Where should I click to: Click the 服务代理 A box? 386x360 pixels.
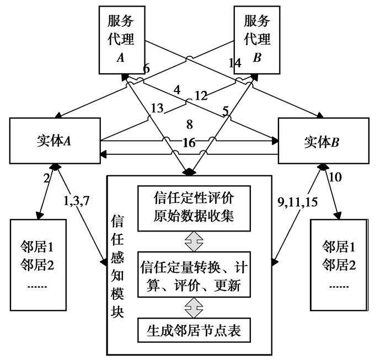[120, 40]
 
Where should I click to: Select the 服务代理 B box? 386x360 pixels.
[257, 40]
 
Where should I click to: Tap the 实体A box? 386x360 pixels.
[53, 140]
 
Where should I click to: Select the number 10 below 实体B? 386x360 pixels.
[335, 178]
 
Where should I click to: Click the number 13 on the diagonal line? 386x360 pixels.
[158, 109]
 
